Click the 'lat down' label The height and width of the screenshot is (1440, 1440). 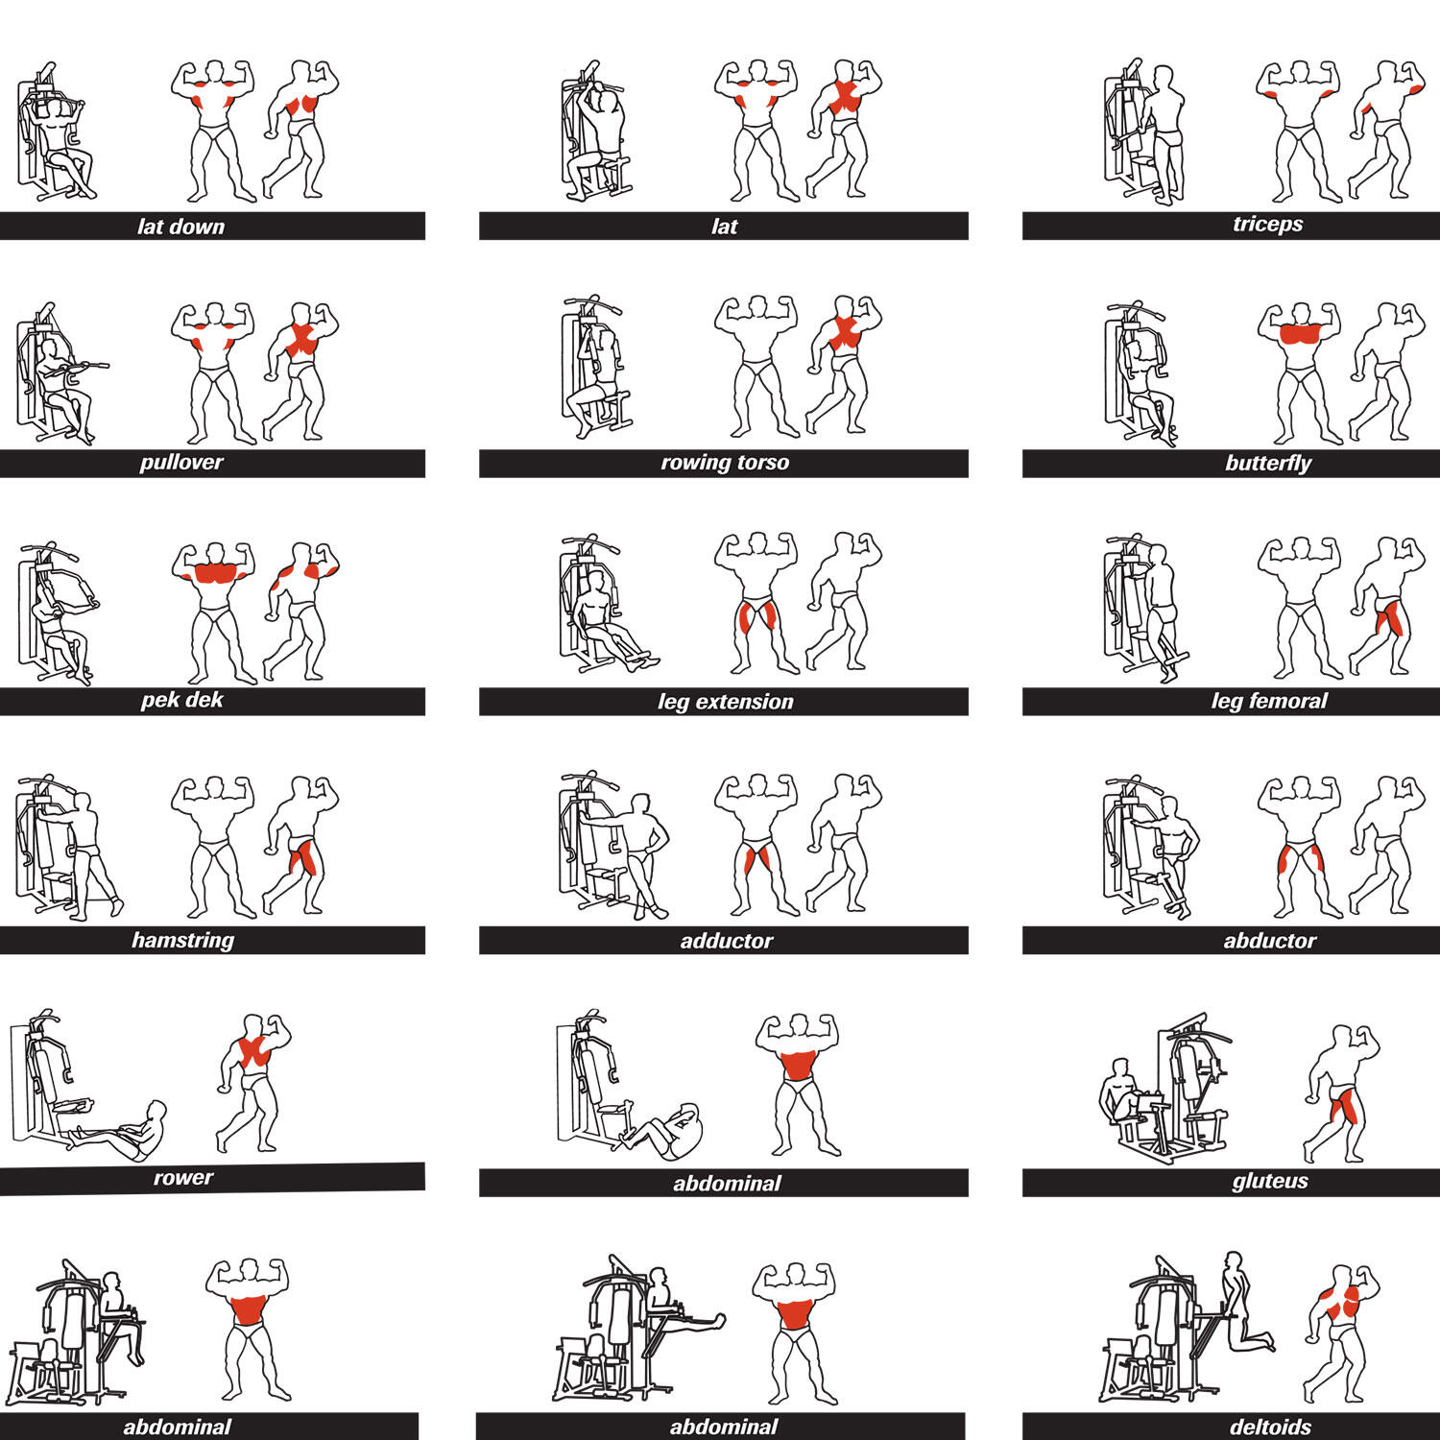coord(180,227)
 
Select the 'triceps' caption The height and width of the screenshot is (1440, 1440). coord(1267,225)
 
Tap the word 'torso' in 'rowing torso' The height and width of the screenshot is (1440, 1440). coord(760,463)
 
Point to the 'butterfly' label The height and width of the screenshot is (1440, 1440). coord(1268,464)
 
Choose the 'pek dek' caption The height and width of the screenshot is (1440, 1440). coord(181,700)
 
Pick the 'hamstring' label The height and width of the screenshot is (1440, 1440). coord(182,940)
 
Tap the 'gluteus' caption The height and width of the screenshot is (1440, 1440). coord(1269,1181)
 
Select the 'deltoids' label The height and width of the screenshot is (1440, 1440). coord(1270,1427)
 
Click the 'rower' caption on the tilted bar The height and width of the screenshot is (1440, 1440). coord(183,1178)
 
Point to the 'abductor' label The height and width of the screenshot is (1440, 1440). coord(1269,941)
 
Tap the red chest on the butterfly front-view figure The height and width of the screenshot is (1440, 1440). coord(1300,334)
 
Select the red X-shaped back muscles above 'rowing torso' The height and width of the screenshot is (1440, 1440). coord(845,332)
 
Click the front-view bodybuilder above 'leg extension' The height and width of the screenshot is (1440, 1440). coord(756,603)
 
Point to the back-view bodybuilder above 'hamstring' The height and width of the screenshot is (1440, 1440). coord(300,846)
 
